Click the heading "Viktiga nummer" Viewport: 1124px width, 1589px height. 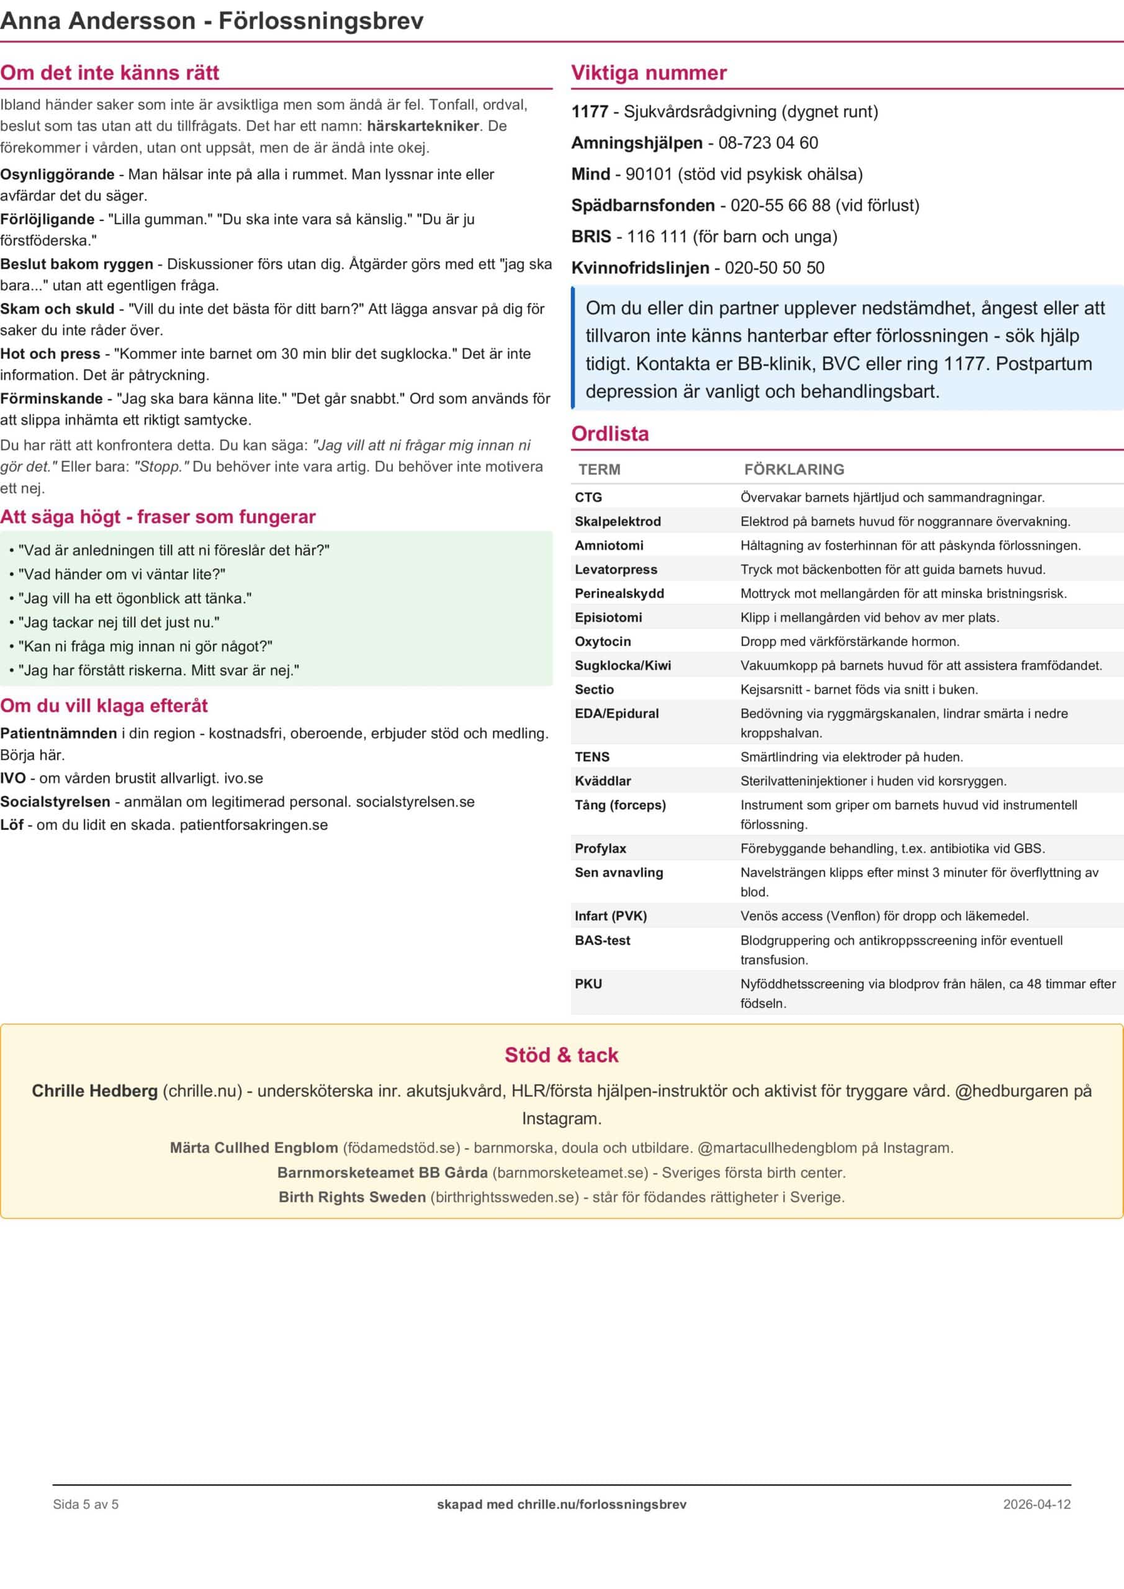tap(649, 73)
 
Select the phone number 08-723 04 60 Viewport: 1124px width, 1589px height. tap(768, 143)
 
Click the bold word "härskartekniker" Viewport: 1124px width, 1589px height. tap(423, 126)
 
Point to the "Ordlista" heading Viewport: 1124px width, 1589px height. tap(609, 434)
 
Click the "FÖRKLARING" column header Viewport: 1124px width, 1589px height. tap(794, 469)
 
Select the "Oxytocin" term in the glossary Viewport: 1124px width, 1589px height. tap(602, 642)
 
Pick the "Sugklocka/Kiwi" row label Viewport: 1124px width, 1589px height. tap(623, 666)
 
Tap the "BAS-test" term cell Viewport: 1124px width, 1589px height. tap(602, 940)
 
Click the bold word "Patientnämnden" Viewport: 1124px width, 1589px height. tap(58, 734)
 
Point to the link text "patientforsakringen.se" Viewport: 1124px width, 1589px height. tap(253, 825)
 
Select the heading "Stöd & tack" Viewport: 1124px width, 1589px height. tap(561, 1055)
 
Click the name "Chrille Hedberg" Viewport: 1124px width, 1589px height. tap(95, 1091)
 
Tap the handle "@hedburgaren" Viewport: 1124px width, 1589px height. tap(1011, 1091)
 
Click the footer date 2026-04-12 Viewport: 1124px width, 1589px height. tap(1036, 1504)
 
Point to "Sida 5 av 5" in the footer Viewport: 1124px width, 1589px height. tap(86, 1504)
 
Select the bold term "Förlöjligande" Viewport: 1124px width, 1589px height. tap(47, 219)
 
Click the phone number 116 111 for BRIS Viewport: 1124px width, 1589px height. tap(657, 236)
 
